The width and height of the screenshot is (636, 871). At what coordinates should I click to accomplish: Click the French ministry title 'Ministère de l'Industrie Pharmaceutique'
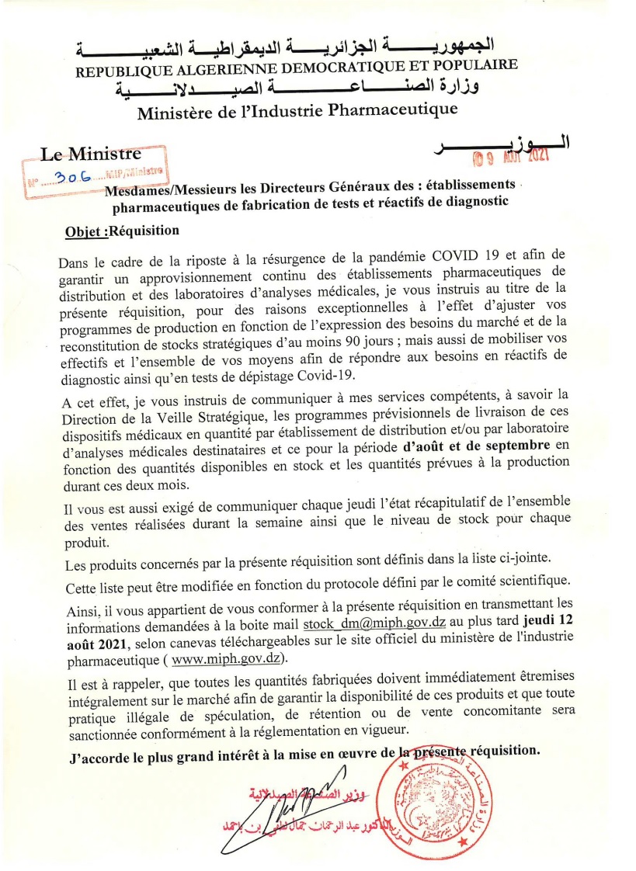coord(297,112)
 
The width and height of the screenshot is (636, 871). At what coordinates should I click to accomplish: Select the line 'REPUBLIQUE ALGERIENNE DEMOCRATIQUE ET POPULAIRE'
coord(296,70)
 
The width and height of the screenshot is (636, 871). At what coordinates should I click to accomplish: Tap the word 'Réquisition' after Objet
coord(145,231)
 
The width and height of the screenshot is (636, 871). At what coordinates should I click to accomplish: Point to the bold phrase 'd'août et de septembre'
coord(474,446)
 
